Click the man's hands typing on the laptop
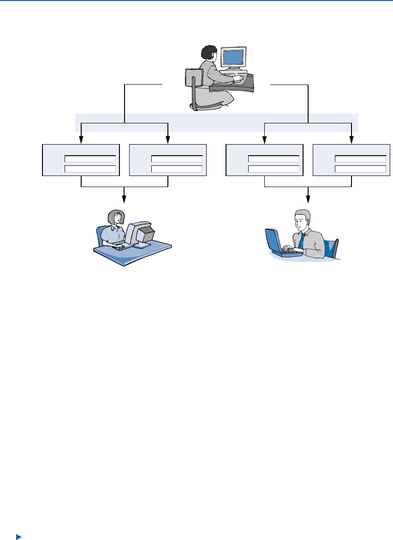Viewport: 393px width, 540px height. pyautogui.click(x=291, y=249)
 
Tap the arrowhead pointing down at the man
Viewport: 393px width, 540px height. pyautogui.click(x=308, y=200)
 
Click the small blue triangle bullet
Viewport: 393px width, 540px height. pyautogui.click(x=18, y=537)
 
